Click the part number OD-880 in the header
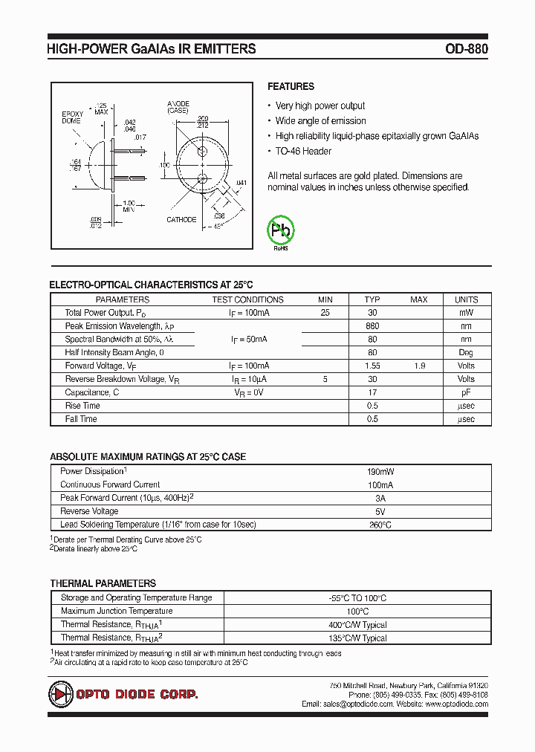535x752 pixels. (467, 49)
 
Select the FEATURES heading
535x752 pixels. (291, 86)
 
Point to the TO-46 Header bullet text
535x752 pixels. (303, 151)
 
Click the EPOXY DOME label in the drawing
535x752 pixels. (71, 117)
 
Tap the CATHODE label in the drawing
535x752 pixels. (181, 219)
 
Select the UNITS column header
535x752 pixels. (466, 299)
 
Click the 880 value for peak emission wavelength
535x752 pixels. (372, 326)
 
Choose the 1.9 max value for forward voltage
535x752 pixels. (419, 366)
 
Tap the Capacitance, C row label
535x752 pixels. (92, 392)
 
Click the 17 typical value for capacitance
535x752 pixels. (372, 392)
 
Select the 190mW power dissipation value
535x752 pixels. (380, 472)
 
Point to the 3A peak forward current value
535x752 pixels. (380, 498)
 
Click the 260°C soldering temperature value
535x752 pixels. (380, 525)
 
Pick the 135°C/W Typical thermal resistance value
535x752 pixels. (357, 638)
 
